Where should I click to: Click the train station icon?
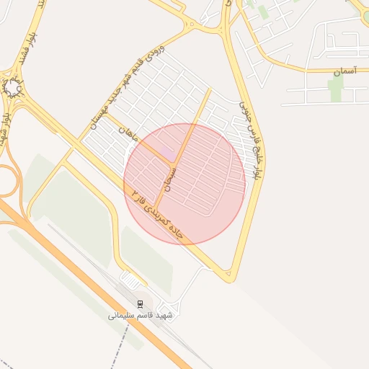[140, 303]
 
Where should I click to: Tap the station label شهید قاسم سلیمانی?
[141, 315]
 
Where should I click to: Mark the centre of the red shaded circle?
[184, 184]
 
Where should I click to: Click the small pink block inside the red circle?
[166, 153]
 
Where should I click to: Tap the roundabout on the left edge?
[13, 88]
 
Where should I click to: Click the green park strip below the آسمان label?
[335, 89]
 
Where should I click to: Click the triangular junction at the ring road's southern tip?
[227, 274]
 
